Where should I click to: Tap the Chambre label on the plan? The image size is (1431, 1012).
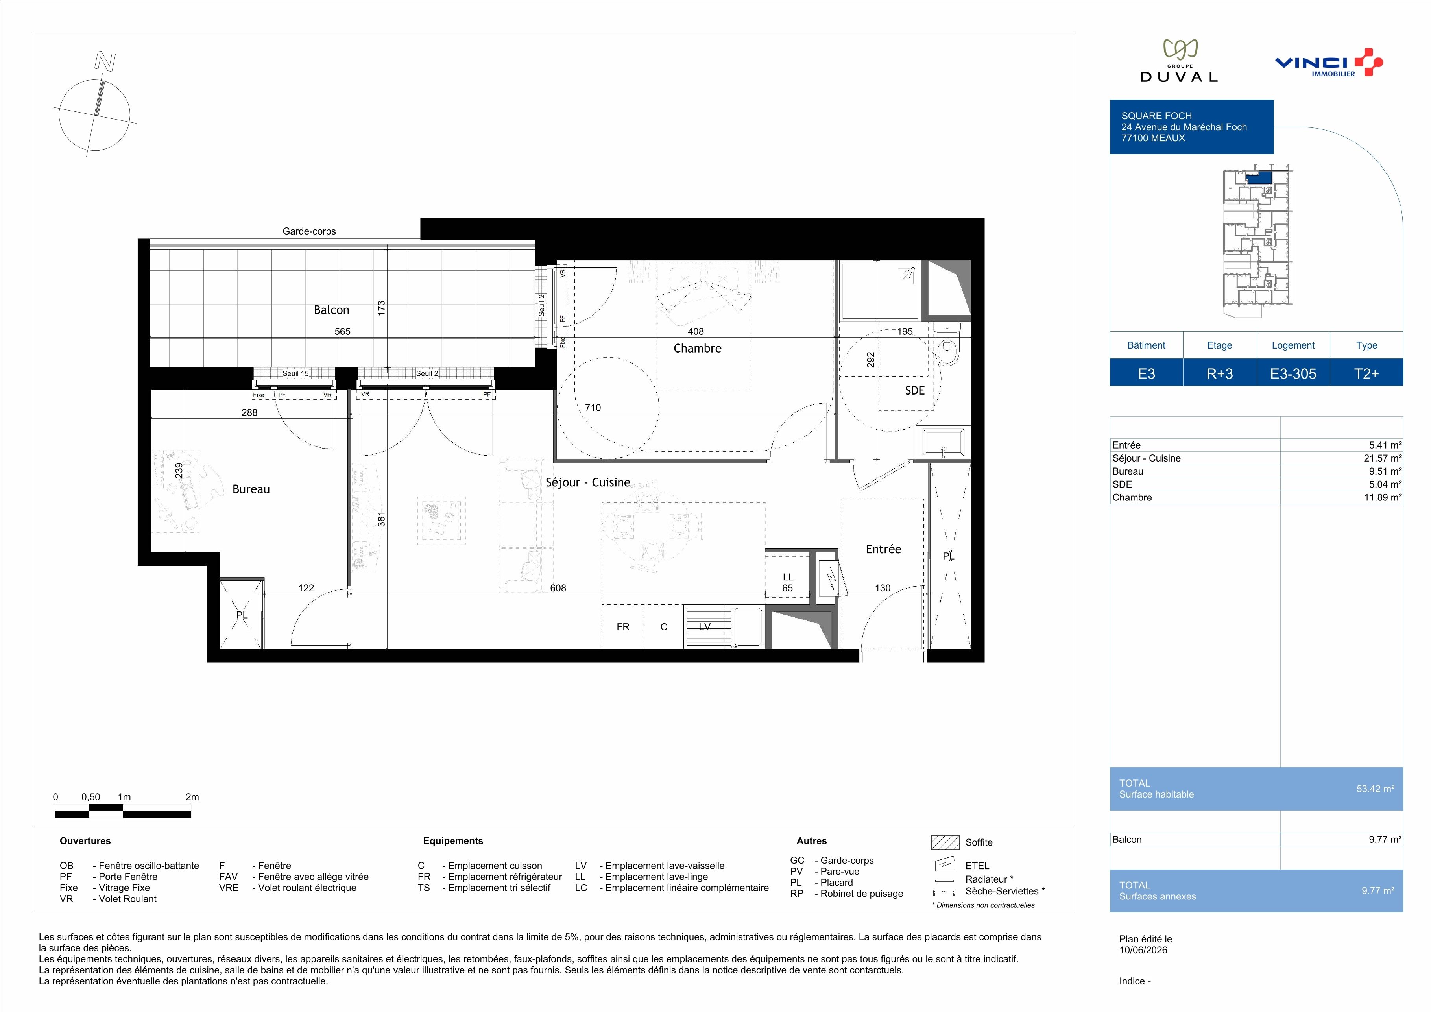pyautogui.click(x=698, y=348)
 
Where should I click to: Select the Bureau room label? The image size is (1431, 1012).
pyautogui.click(x=251, y=489)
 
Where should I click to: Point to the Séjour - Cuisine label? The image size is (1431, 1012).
pyautogui.click(x=588, y=482)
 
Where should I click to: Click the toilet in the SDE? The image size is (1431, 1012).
pyautogui.click(x=948, y=345)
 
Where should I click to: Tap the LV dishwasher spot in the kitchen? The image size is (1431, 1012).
pyautogui.click(x=704, y=627)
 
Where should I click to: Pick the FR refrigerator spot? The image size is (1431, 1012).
pyautogui.click(x=622, y=627)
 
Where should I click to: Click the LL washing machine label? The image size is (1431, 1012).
pyautogui.click(x=788, y=577)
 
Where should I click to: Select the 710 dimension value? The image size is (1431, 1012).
pyautogui.click(x=593, y=408)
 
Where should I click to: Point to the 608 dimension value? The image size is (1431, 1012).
pyautogui.click(x=558, y=587)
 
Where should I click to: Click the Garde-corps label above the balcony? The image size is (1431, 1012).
pyautogui.click(x=309, y=231)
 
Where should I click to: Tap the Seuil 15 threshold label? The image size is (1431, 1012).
pyautogui.click(x=295, y=374)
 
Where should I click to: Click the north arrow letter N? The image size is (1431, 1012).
pyautogui.click(x=105, y=61)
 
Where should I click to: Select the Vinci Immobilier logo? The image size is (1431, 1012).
pyautogui.click(x=1329, y=63)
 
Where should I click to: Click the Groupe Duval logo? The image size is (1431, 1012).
pyautogui.click(x=1178, y=61)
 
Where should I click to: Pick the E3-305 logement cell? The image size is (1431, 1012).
pyautogui.click(x=1293, y=374)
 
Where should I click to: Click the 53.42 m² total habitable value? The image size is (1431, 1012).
pyautogui.click(x=1376, y=789)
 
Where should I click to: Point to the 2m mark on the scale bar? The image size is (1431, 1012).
pyautogui.click(x=192, y=797)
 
